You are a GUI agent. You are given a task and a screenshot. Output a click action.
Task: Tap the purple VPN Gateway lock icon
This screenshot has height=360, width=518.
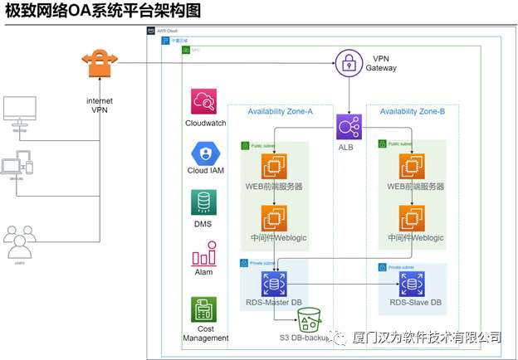coord(349,64)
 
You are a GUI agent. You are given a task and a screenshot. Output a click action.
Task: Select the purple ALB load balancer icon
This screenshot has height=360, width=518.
coord(347,127)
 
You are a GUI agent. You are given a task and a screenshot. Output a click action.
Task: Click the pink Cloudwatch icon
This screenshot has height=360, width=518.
coord(204,102)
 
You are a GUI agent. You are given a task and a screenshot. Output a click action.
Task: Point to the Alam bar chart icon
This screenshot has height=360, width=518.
coord(204,254)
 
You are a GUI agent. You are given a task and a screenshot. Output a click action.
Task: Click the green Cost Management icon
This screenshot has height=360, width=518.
coord(204,309)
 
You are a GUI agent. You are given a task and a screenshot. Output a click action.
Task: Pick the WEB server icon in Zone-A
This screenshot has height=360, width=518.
coord(274,168)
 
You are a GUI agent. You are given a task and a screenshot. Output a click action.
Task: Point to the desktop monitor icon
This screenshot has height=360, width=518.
coord(20,111)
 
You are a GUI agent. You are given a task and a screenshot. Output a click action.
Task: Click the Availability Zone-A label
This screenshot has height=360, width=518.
coord(280,111)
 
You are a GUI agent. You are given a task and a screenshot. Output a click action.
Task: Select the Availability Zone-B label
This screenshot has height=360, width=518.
coord(412,111)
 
